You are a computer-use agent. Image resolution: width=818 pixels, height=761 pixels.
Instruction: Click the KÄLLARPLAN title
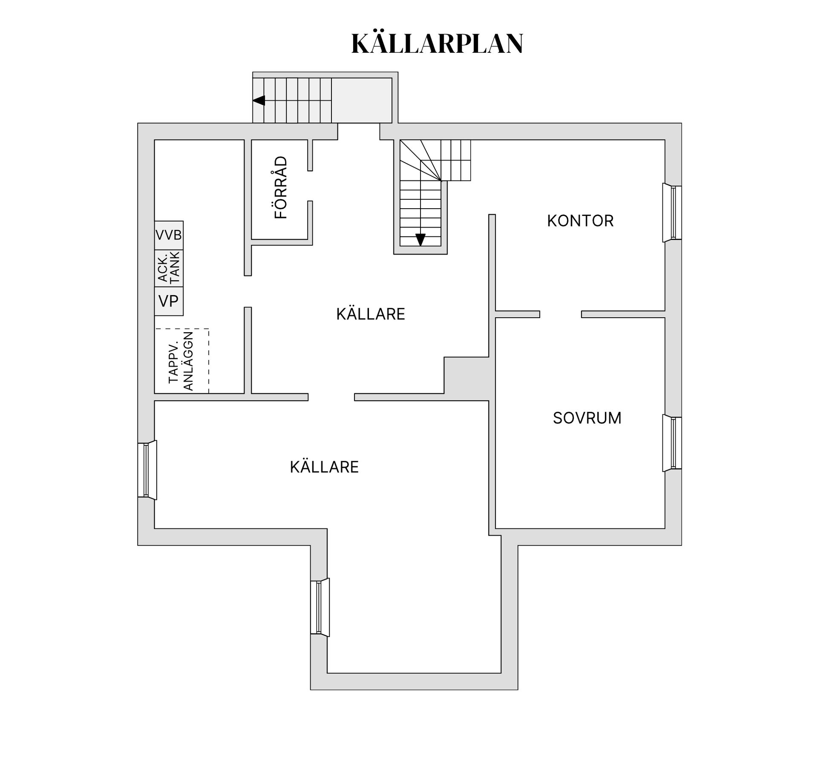click(x=437, y=43)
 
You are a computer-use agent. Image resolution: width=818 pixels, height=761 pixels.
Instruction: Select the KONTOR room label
click(x=580, y=221)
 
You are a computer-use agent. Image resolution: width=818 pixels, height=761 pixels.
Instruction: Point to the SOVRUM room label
click(x=587, y=418)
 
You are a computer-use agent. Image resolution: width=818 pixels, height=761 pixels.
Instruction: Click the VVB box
click(x=169, y=235)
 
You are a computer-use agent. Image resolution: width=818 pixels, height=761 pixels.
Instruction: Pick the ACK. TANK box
click(x=169, y=268)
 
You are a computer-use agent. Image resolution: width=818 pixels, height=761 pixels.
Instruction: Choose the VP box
click(x=169, y=301)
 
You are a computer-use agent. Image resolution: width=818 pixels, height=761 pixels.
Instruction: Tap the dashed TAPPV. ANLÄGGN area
click(x=181, y=361)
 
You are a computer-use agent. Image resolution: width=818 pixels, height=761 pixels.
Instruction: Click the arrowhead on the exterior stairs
click(x=259, y=101)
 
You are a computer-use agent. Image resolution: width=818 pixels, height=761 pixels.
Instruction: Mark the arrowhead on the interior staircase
click(x=421, y=240)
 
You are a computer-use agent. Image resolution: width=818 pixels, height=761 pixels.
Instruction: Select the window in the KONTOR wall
click(x=672, y=213)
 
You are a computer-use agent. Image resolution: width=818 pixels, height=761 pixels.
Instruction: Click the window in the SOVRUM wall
click(x=672, y=443)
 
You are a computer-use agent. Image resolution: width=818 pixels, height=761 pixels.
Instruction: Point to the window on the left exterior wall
click(x=147, y=470)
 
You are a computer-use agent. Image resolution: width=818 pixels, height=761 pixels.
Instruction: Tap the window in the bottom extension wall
click(x=320, y=607)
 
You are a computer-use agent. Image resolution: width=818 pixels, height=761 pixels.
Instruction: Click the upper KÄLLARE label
click(x=370, y=314)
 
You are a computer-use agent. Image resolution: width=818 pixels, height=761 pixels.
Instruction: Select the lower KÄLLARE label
click(x=324, y=467)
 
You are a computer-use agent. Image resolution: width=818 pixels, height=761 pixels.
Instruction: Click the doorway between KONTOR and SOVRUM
click(x=561, y=314)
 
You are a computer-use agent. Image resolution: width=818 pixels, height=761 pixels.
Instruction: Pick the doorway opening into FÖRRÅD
click(x=310, y=186)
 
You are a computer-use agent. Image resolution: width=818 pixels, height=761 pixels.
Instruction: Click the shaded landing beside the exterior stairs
click(x=361, y=101)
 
